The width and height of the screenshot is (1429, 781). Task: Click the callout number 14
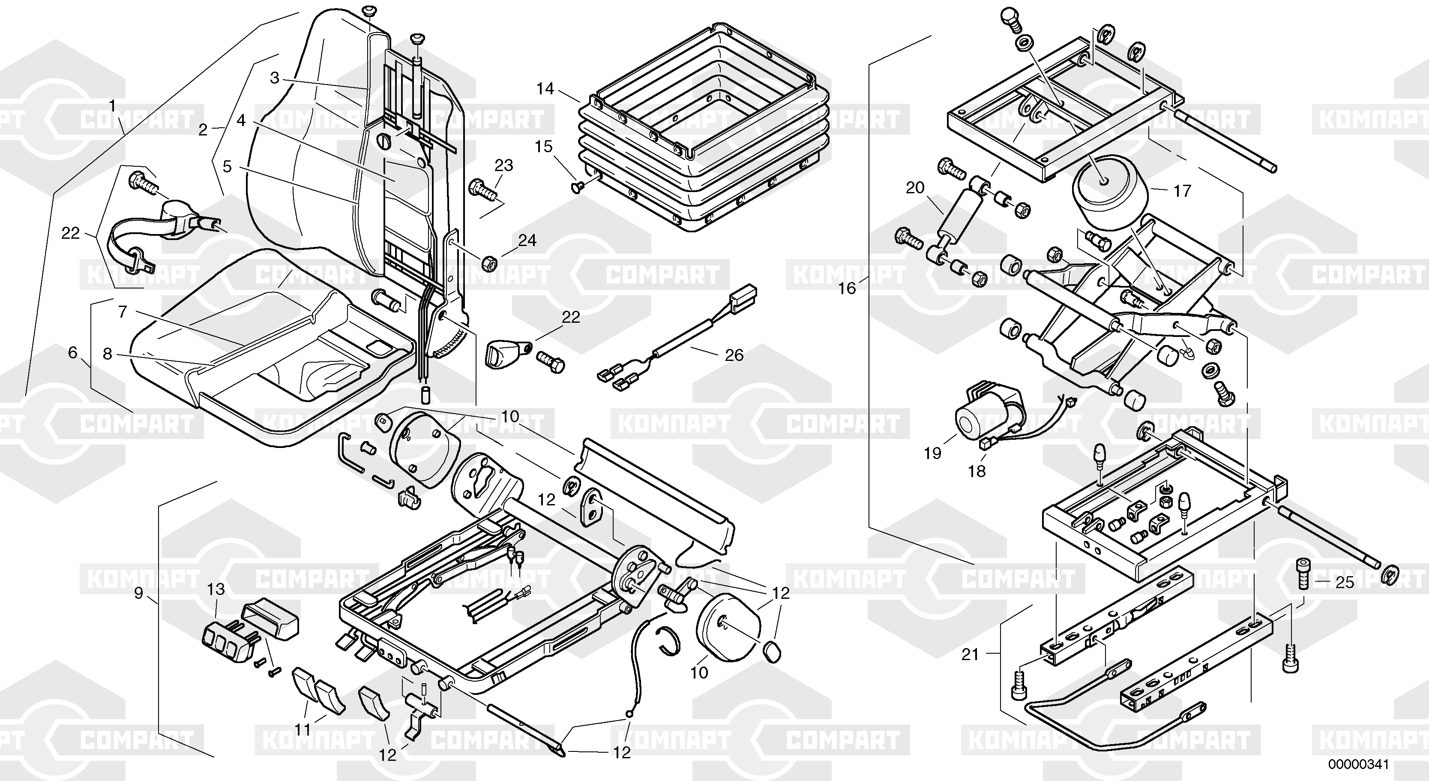pyautogui.click(x=545, y=89)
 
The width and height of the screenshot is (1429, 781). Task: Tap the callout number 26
pyautogui.click(x=734, y=355)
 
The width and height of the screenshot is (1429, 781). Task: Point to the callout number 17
pyautogui.click(x=1182, y=191)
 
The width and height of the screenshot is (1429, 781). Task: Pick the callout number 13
pyautogui.click(x=216, y=589)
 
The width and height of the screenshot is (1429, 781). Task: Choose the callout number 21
pyautogui.click(x=970, y=655)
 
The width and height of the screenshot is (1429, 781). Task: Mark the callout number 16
pyautogui.click(x=847, y=288)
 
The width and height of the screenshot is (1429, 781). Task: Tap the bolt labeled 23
pyautogui.click(x=484, y=189)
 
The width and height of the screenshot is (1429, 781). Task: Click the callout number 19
pyautogui.click(x=932, y=454)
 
